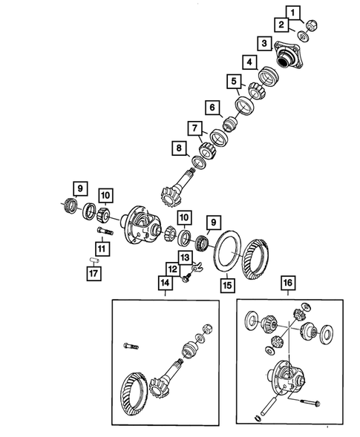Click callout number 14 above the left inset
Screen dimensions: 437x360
(163, 283)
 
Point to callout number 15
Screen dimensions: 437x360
(226, 283)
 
